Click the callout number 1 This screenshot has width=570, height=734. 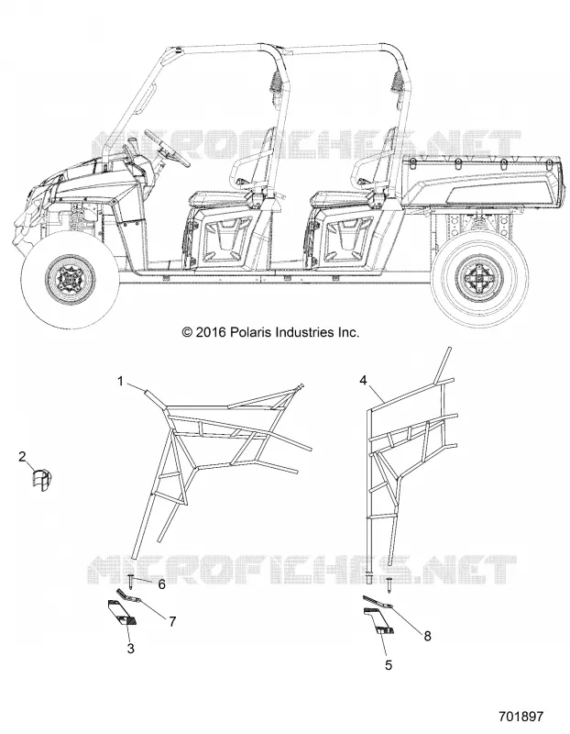click(x=121, y=382)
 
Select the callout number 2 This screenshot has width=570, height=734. click(x=22, y=456)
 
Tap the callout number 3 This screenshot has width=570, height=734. click(x=131, y=649)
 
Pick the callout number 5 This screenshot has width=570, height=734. click(x=389, y=664)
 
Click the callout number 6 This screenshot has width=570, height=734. click(x=162, y=584)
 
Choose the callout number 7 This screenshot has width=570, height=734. click(x=172, y=622)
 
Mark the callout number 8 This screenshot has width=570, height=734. click(x=427, y=636)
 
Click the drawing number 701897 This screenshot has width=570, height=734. click(x=521, y=717)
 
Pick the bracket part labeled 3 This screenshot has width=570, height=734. click(x=122, y=613)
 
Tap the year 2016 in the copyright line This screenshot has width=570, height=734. click(x=212, y=332)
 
